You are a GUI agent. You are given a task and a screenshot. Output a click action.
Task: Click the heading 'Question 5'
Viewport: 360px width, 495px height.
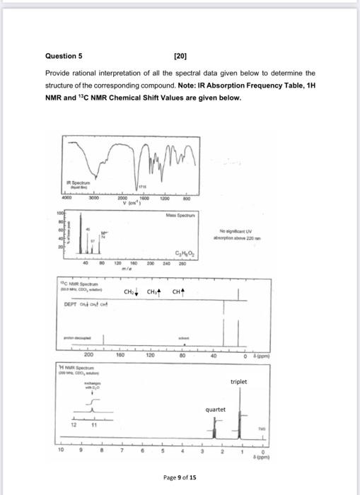[x=64, y=54]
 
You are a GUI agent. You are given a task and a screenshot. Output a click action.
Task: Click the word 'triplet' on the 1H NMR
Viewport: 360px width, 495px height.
[x=239, y=381]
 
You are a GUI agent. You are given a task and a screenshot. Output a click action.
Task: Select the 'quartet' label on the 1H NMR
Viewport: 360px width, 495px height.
[x=216, y=409]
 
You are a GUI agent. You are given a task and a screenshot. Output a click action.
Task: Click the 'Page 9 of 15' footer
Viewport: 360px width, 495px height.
[x=180, y=477]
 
